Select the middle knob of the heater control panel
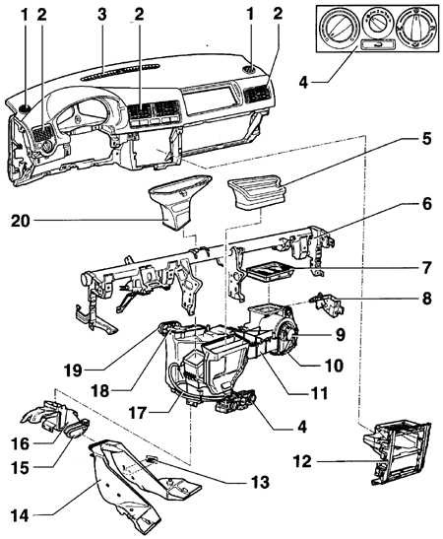click(x=376, y=22)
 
